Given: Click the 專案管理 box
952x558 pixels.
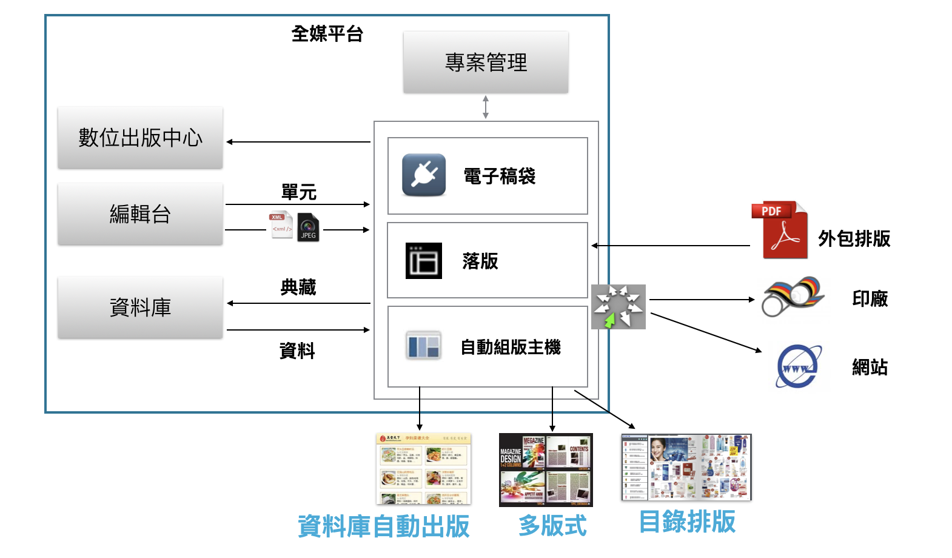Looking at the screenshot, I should point(486,62).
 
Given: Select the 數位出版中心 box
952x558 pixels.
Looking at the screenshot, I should point(140,138).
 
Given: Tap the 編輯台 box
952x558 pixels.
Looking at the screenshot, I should point(140,214).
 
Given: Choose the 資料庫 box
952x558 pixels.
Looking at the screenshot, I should point(140,308).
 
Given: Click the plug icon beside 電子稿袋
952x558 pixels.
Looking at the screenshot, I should point(424,175).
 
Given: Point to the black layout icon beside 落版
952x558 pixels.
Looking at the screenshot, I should point(423,261).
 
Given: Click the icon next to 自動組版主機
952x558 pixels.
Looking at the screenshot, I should point(423,346).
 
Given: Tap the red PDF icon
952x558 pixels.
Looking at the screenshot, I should point(781,230).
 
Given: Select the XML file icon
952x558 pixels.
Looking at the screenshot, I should point(281,225).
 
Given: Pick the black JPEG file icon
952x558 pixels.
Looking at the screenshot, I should point(308,228).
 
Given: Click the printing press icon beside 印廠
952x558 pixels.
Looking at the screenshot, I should point(792,297).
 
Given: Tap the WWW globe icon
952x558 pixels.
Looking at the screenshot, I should point(799,366).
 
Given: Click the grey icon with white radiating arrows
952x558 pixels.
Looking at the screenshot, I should point(618,307).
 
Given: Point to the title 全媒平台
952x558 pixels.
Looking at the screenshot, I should point(327,34).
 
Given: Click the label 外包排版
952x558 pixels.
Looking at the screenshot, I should point(854,239).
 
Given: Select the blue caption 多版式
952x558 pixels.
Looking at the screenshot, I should point(552,525).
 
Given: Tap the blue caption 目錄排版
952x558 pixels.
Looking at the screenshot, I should point(687,522).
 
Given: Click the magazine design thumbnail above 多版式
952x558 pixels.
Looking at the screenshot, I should point(546,469).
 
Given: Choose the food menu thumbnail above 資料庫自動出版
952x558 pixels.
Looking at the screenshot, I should point(423,469).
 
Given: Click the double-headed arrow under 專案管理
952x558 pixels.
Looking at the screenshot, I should point(486,107).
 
